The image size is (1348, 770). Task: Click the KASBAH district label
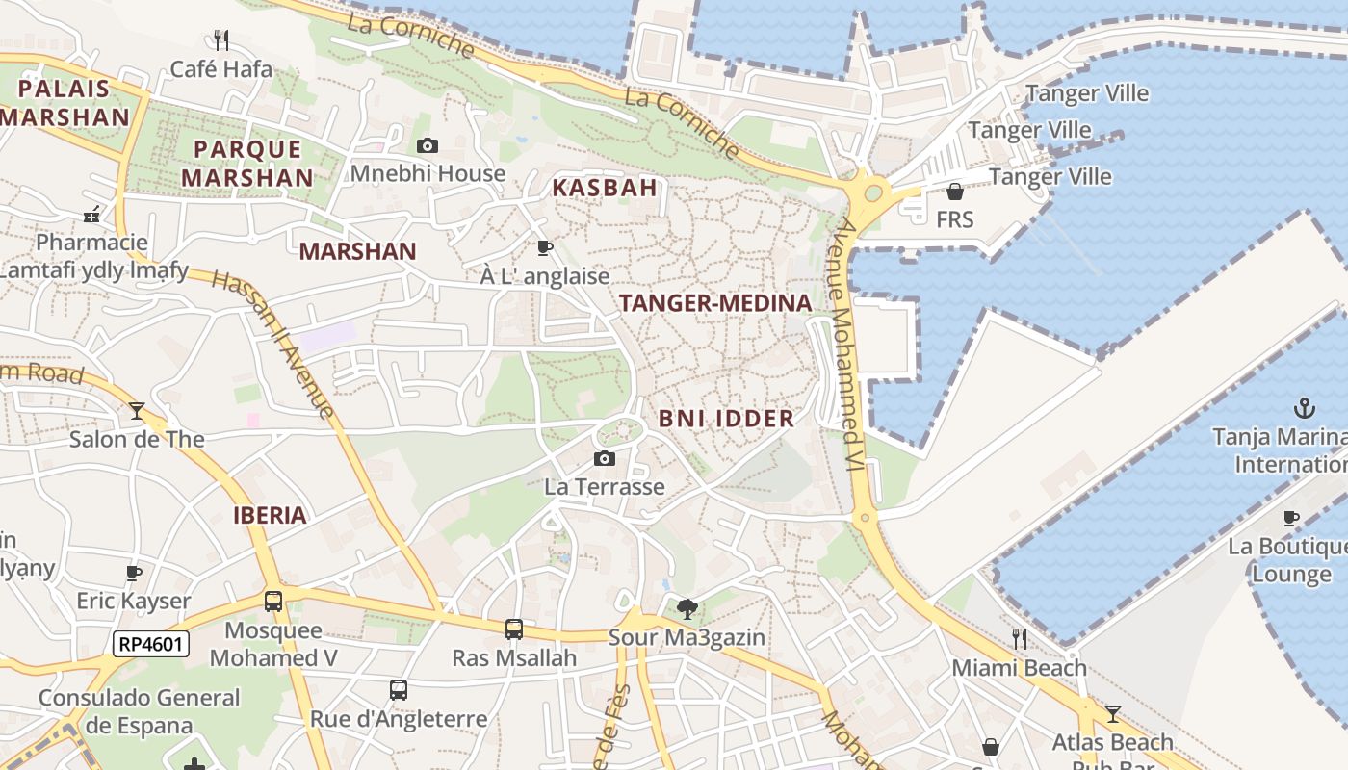click(x=605, y=188)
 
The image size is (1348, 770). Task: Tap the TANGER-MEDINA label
click(x=715, y=303)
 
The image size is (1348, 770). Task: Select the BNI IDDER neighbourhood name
click(x=727, y=419)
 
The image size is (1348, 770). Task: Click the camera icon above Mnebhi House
click(x=428, y=146)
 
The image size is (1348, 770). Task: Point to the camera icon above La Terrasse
click(x=605, y=458)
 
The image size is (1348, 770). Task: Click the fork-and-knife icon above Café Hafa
click(x=221, y=39)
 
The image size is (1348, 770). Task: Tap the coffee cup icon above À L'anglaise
click(x=545, y=248)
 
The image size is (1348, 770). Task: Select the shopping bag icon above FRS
click(x=955, y=192)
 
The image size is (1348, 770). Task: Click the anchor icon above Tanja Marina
click(x=1304, y=408)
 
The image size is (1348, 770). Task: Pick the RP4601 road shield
click(x=151, y=644)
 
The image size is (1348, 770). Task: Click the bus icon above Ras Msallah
click(x=514, y=629)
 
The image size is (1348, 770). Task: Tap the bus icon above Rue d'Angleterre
click(x=399, y=690)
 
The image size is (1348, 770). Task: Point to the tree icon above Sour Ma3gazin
click(x=687, y=608)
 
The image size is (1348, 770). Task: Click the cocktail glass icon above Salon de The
click(x=137, y=411)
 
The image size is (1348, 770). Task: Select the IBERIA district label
click(x=270, y=515)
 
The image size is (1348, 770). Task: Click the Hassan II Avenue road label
click(x=273, y=344)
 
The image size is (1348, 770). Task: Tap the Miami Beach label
click(x=1019, y=668)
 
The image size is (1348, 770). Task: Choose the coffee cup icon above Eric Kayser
click(x=134, y=574)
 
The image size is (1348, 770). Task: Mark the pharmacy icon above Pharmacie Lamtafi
click(x=92, y=215)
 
